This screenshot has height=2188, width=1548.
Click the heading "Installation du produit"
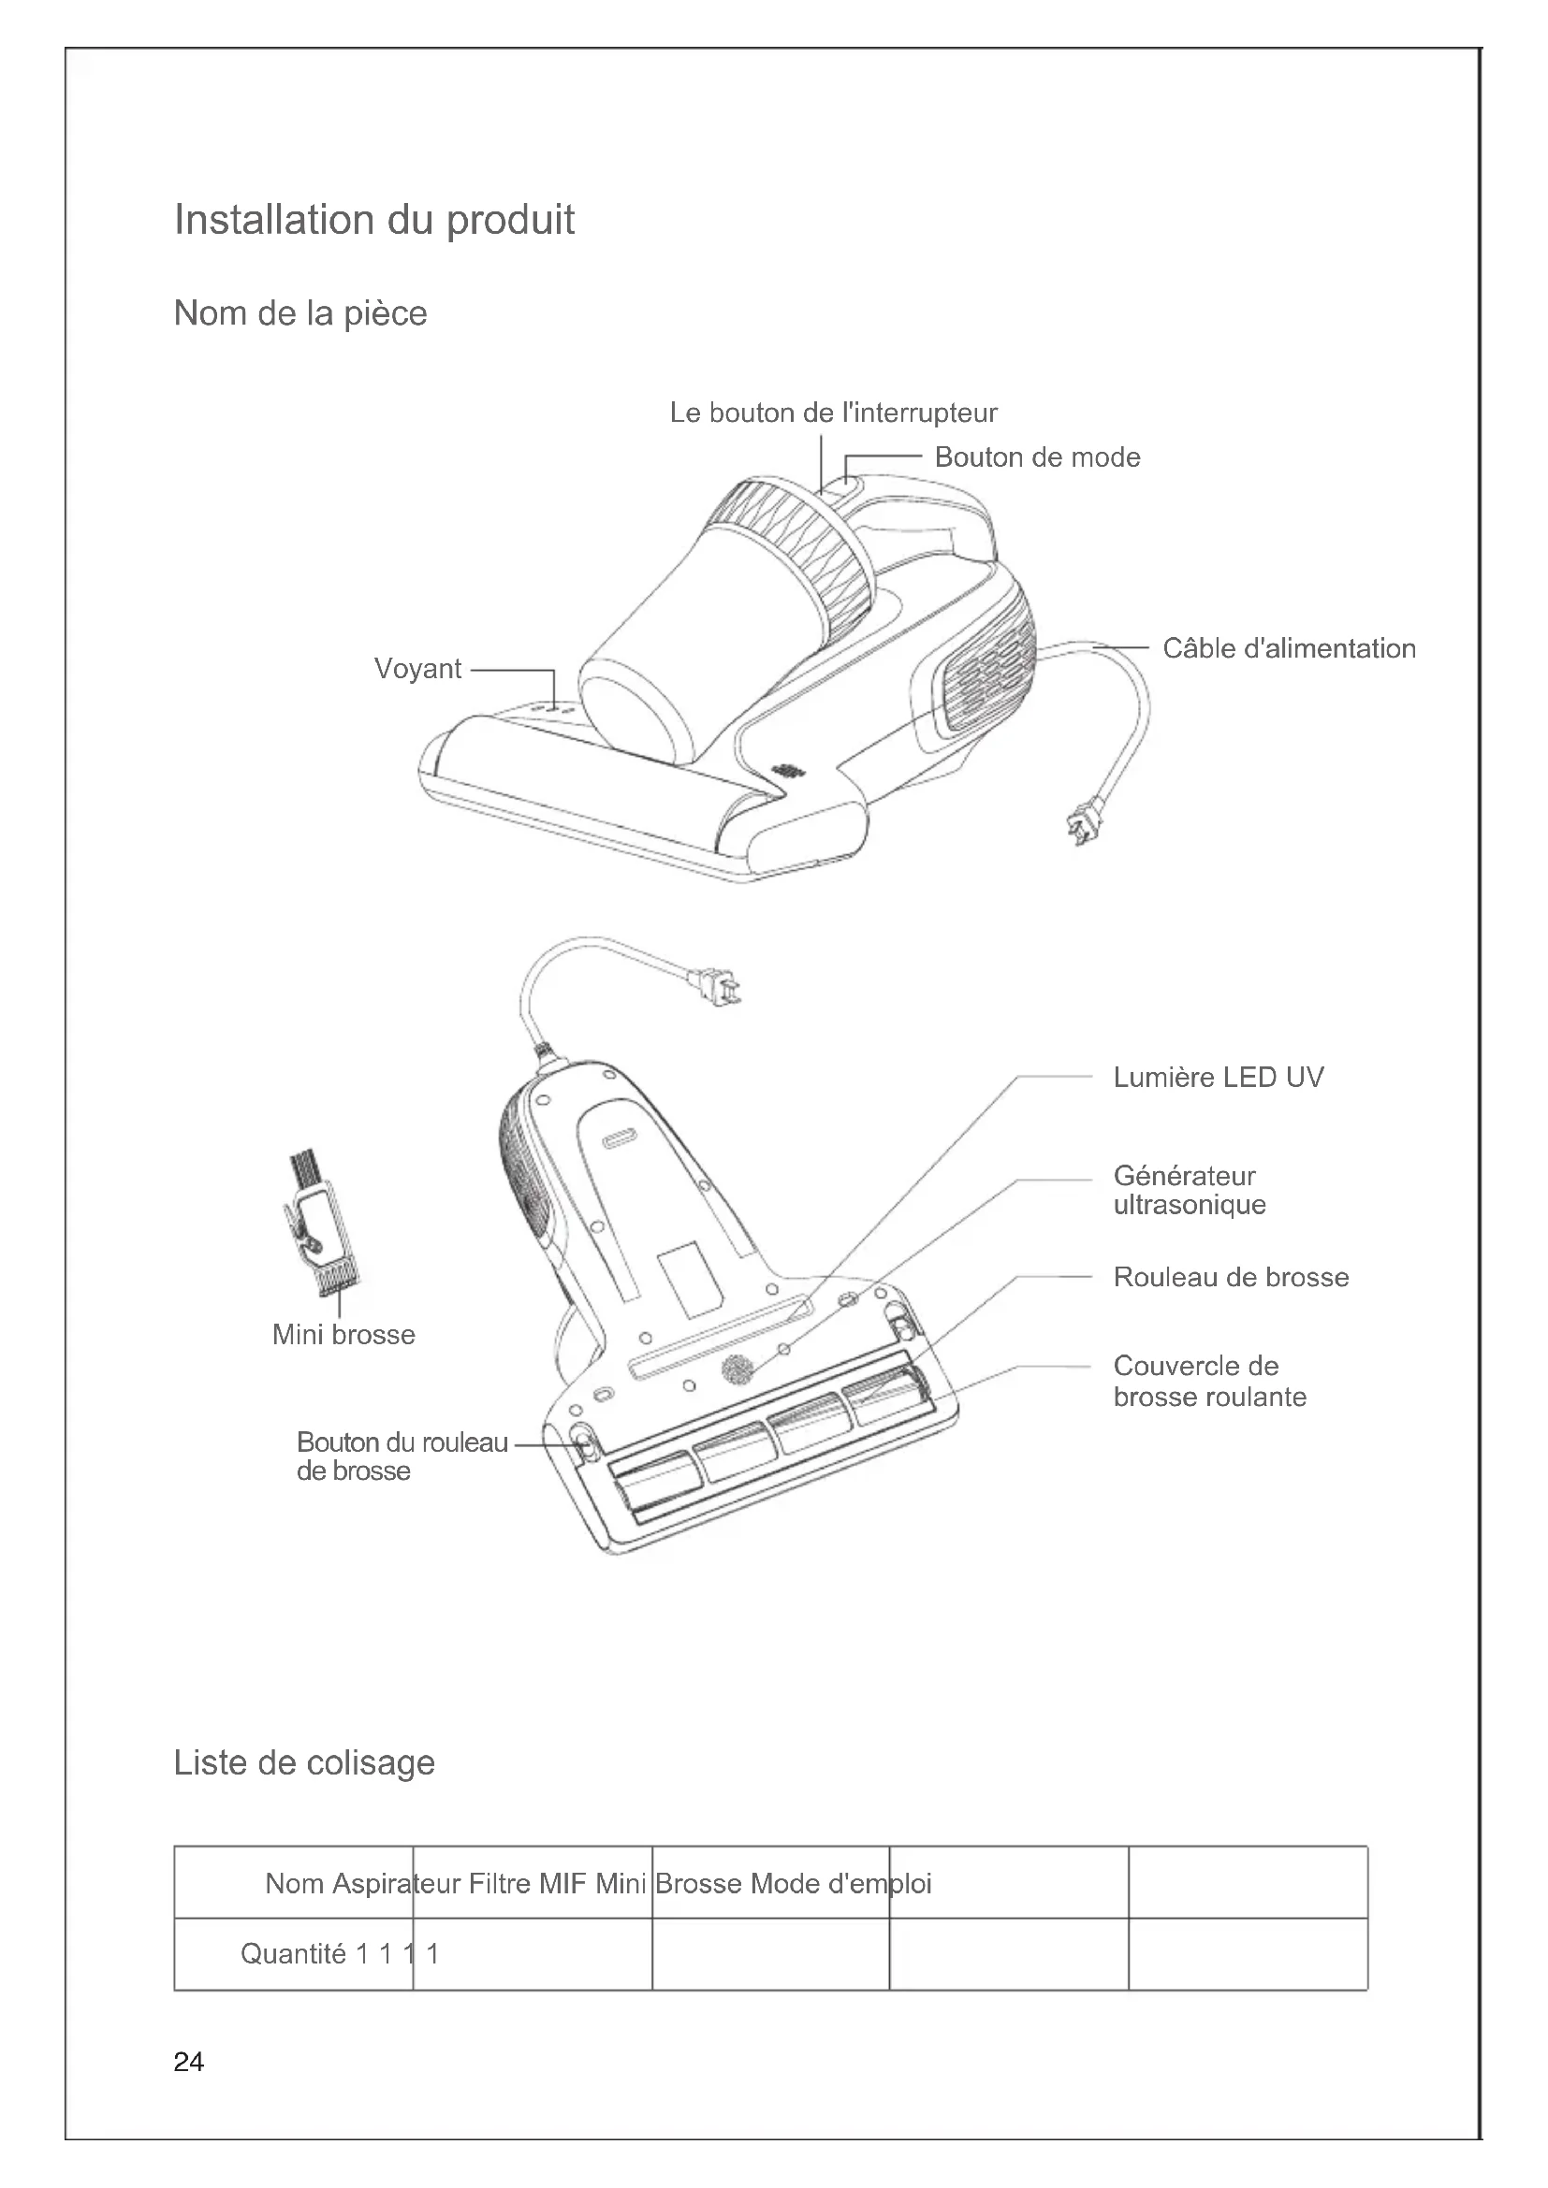(x=373, y=220)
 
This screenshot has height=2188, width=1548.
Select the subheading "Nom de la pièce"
(x=300, y=313)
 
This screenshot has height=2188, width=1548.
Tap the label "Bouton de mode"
(x=1037, y=457)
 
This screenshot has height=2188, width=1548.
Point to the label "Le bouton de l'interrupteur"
(x=833, y=413)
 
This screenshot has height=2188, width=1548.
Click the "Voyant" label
(x=417, y=669)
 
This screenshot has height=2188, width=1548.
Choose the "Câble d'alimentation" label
(x=1289, y=649)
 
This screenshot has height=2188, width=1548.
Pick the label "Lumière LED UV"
(x=1219, y=1078)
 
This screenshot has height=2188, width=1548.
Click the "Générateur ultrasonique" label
(x=1189, y=1190)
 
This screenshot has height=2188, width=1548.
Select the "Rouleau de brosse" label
(x=1231, y=1278)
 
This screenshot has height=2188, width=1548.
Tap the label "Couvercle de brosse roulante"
(x=1208, y=1382)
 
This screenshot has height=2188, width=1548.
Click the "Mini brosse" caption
(x=343, y=1335)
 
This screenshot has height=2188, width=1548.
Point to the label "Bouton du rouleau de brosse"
(x=402, y=1456)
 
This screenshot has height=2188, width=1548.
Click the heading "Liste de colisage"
(x=304, y=1763)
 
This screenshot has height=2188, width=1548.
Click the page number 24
(x=189, y=2063)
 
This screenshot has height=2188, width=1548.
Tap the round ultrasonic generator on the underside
(x=736, y=1370)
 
